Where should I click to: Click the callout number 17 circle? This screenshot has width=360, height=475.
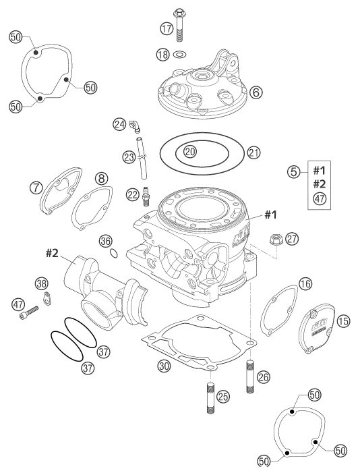tap(167, 29)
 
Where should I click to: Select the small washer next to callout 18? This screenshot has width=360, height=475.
tap(179, 55)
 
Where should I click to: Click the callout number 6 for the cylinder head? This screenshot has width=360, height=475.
tap(256, 92)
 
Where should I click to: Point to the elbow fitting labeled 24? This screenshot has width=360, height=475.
tap(135, 126)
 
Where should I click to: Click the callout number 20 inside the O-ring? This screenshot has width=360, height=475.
tap(190, 151)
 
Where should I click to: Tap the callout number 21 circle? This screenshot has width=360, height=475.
tap(253, 152)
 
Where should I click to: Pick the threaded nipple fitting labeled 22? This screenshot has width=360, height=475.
tap(146, 196)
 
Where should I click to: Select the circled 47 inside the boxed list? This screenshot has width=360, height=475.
tap(320, 199)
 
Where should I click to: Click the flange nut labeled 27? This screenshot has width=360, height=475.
tap(276, 240)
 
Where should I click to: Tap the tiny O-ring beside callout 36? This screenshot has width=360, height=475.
tap(114, 253)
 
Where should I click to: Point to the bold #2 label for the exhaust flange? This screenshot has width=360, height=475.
tap(52, 253)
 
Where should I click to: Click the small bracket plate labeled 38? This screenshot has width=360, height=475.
tap(47, 298)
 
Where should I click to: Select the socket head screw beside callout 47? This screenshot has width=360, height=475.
tap(29, 313)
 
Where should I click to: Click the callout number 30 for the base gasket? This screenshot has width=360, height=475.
tap(164, 366)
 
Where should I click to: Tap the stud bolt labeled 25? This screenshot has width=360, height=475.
tap(210, 398)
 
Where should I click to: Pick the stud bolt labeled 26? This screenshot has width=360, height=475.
tap(250, 376)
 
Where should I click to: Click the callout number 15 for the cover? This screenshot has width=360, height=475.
tap(343, 321)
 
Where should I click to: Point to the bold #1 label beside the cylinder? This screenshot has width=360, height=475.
tap(271, 215)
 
